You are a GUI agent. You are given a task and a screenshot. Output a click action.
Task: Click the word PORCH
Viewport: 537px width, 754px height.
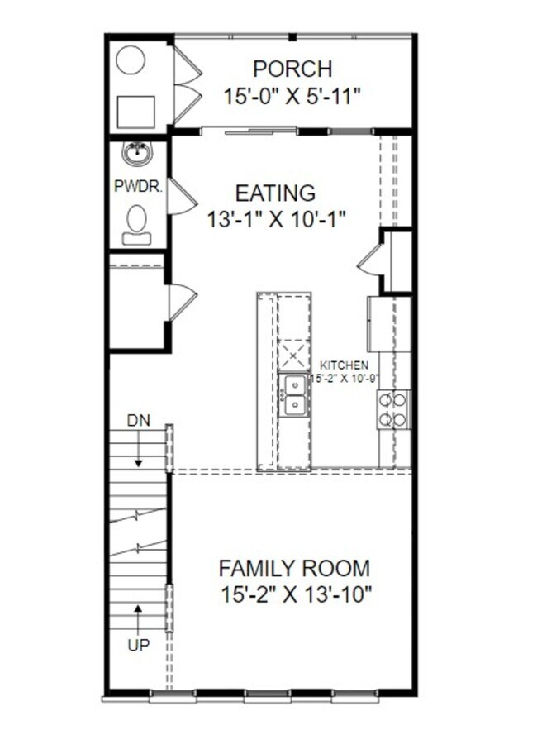[x=292, y=68]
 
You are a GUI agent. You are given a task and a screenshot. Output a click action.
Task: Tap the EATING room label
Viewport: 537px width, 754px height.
[x=275, y=193]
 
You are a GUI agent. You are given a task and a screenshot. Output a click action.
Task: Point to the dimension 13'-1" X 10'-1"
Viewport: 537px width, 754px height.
[x=275, y=219]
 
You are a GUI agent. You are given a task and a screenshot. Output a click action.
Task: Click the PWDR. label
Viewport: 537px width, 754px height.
[x=138, y=187]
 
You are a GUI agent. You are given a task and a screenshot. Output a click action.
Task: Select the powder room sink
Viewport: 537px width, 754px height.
[x=136, y=153]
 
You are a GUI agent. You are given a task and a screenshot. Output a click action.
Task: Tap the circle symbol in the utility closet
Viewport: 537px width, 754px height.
[x=131, y=60]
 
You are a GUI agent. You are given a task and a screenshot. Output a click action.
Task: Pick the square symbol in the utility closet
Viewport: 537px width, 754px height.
[x=136, y=110]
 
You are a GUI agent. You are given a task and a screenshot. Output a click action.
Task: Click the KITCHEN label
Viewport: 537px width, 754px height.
[x=344, y=365]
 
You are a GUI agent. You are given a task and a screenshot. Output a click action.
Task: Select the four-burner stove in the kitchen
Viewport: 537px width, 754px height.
[x=393, y=409]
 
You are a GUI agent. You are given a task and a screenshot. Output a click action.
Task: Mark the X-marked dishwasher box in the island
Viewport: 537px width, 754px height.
[x=293, y=356]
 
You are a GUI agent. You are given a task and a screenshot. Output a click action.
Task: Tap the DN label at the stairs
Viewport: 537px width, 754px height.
[x=138, y=421]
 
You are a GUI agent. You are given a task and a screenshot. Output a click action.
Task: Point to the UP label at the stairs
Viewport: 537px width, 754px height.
[x=138, y=645]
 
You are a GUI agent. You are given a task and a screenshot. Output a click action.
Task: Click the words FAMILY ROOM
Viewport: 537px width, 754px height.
[x=293, y=569]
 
